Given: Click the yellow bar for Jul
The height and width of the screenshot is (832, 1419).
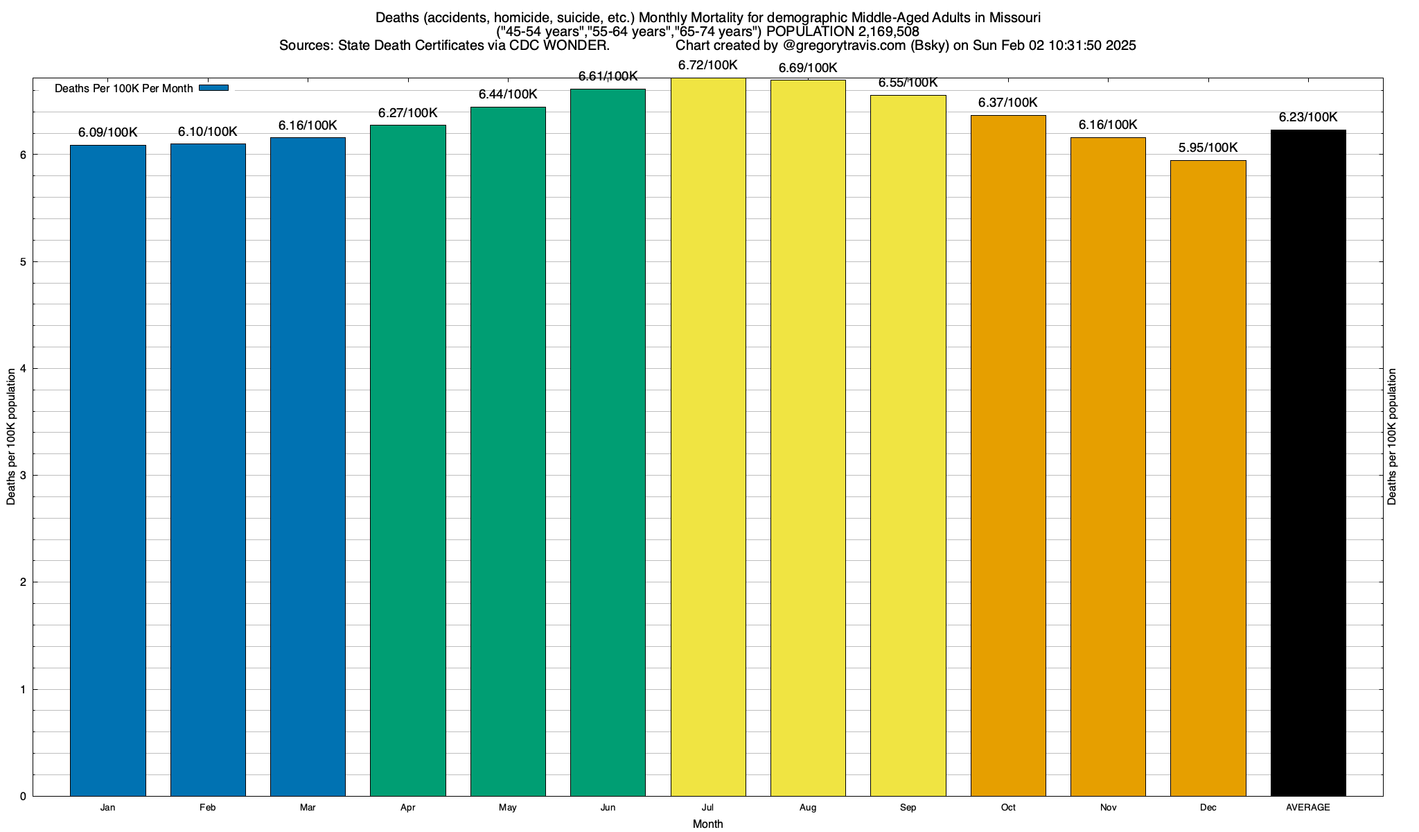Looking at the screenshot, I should pyautogui.click(x=707, y=437).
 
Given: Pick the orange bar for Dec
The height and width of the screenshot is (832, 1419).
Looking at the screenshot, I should pyautogui.click(x=1208, y=478).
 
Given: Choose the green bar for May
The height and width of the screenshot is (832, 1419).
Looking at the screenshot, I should pyautogui.click(x=508, y=451).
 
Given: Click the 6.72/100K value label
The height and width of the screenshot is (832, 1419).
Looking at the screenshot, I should pyautogui.click(x=707, y=66).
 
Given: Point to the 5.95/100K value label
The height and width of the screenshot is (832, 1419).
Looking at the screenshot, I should pyautogui.click(x=1208, y=148).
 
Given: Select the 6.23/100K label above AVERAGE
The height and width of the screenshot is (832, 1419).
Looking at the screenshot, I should pyautogui.click(x=1308, y=117).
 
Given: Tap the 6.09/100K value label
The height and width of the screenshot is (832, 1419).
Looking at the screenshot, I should pyautogui.click(x=108, y=132).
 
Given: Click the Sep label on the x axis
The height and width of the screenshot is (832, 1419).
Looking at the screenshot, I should pyautogui.click(x=908, y=808).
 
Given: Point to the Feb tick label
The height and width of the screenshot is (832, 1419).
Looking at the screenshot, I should pyautogui.click(x=207, y=808).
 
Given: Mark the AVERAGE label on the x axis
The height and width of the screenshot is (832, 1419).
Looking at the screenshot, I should pyautogui.click(x=1308, y=808).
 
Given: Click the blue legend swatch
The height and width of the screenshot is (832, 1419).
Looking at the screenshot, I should pyautogui.click(x=213, y=88).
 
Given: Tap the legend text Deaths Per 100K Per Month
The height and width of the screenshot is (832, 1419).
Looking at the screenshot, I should pyautogui.click(x=123, y=89).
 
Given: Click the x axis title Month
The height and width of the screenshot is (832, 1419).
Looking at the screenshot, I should pyautogui.click(x=707, y=824).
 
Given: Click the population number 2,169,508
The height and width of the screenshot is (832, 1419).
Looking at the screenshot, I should pyautogui.click(x=881, y=31).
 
